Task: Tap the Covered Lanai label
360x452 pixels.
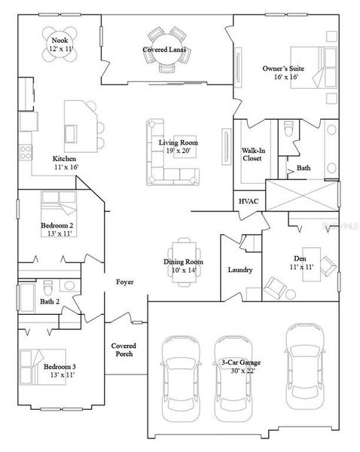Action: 165,50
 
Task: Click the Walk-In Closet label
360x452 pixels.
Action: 252,154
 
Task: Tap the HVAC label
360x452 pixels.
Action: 249,202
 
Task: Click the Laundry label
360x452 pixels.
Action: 239,270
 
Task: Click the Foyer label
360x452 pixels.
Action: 124,282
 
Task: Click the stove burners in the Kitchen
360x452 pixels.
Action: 23,151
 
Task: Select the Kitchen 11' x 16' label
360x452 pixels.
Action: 64,163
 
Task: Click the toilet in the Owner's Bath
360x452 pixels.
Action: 289,131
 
